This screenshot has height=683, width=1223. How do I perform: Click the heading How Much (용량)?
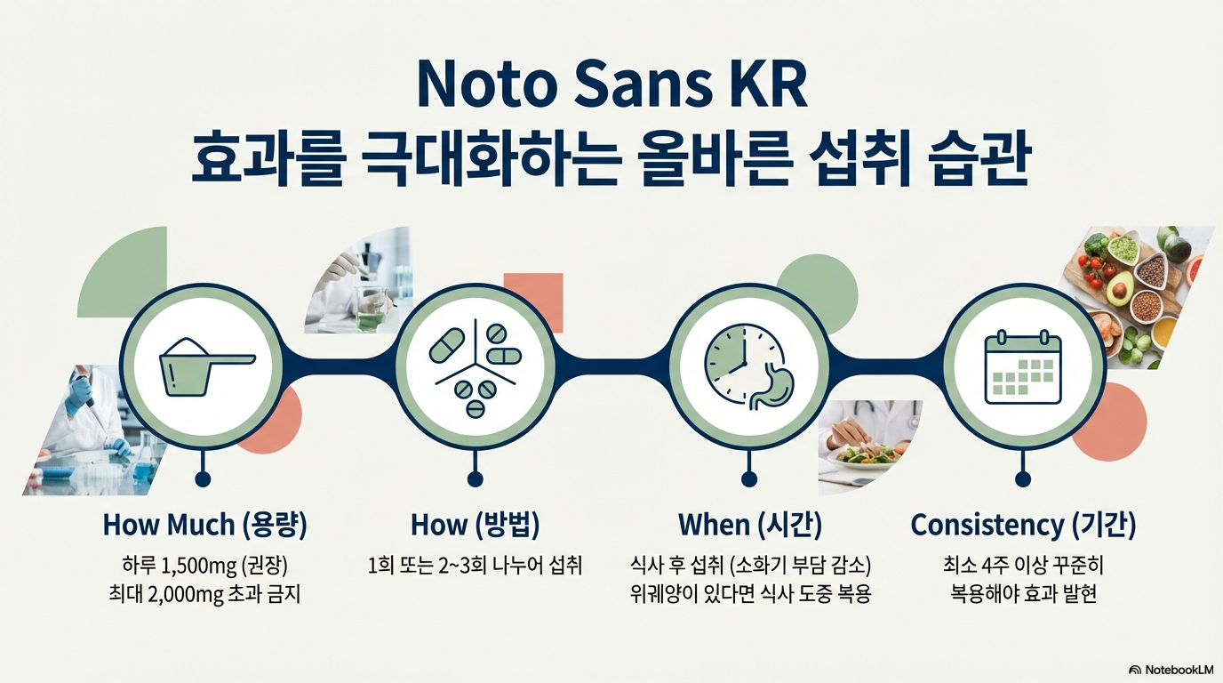click(204, 525)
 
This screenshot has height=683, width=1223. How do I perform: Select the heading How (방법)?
click(476, 525)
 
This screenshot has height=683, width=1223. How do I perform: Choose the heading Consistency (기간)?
click(1023, 525)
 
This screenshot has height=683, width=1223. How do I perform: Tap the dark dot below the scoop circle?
click(204, 479)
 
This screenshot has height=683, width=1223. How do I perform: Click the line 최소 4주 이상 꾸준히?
click(1023, 565)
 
